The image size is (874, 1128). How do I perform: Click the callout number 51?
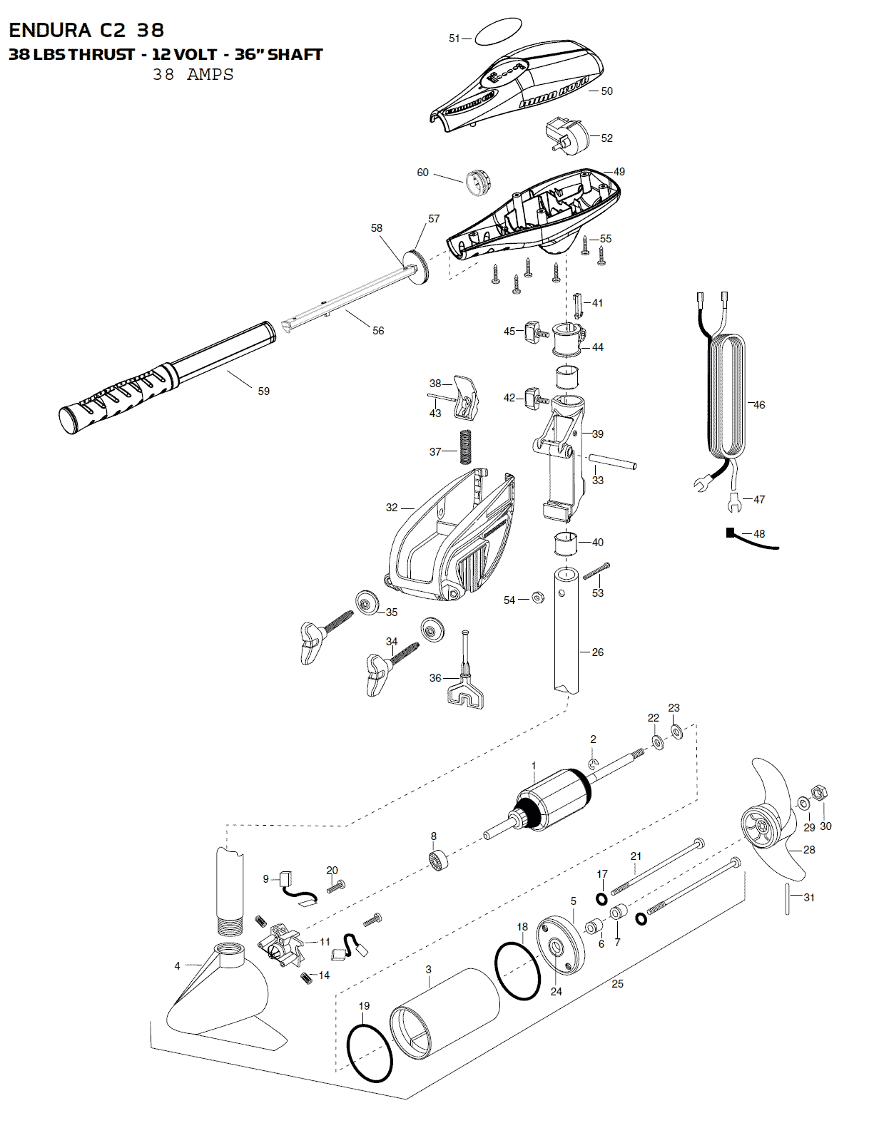pos(454,39)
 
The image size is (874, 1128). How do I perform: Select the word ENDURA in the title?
pos(50,30)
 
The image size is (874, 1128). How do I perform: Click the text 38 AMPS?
pos(193,74)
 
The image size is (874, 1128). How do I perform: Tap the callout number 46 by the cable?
pos(759,405)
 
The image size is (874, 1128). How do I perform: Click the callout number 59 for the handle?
pos(264,391)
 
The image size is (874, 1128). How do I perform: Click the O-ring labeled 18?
pos(517,970)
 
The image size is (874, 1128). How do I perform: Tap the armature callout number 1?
pos(534,766)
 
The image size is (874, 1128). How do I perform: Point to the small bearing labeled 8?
pos(438,859)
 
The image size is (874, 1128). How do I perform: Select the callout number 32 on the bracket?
pos(392,508)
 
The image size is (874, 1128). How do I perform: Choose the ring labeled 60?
pos(475,182)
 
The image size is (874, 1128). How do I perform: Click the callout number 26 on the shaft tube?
pos(598,652)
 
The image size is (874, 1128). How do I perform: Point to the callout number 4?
pos(178,966)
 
